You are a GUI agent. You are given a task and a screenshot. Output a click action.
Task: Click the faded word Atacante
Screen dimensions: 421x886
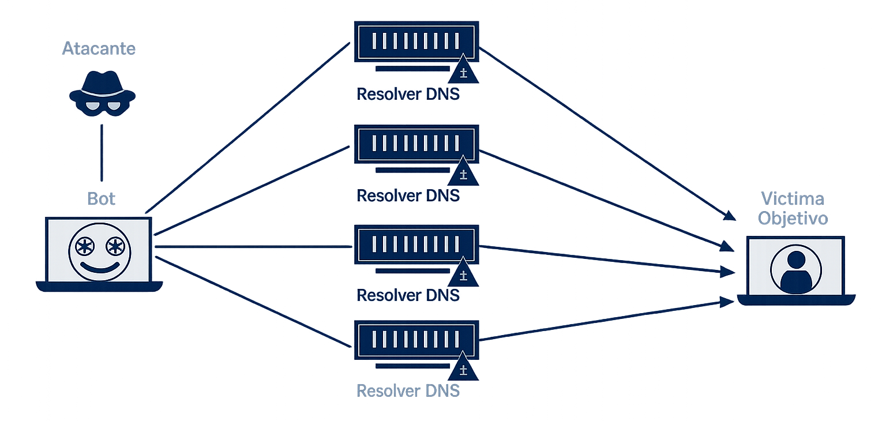click(99, 48)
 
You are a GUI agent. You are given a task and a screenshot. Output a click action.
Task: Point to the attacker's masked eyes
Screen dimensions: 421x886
click(102, 105)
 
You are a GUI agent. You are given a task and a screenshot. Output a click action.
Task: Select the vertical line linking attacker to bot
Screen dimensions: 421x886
click(102, 153)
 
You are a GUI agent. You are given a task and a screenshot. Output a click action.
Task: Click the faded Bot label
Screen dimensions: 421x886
click(102, 199)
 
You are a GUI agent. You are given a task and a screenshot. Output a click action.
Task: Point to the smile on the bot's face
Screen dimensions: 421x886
click(100, 268)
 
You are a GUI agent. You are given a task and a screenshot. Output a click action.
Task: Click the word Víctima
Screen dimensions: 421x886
click(792, 200)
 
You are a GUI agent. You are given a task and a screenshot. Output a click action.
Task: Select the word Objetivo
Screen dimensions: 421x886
click(793, 219)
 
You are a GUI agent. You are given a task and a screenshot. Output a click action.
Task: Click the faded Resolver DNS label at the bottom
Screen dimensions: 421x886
click(408, 390)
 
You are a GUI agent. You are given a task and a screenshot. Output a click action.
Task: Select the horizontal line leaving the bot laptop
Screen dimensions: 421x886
click(254, 247)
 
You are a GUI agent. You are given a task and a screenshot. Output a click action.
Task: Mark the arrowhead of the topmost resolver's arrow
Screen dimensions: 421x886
click(730, 216)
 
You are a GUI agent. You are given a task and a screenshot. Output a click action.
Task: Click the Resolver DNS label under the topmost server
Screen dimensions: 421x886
click(408, 94)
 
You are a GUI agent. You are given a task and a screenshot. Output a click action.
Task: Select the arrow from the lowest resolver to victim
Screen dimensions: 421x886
click(600, 321)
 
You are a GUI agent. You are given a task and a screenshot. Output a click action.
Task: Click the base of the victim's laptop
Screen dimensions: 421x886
click(795, 300)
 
